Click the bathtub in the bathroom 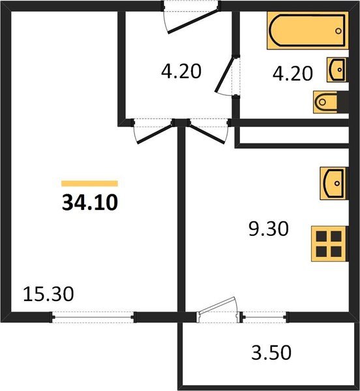[308, 31]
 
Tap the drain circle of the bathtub [338, 31]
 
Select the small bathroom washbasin [337, 70]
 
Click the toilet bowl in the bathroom [325, 102]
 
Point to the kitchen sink [333, 183]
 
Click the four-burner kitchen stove [329, 244]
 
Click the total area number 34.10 [90, 203]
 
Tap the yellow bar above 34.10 [89, 184]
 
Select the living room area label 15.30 [48, 294]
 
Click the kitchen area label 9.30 [269, 229]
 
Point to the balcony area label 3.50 [271, 353]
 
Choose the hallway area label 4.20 [181, 71]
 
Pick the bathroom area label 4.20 [293, 73]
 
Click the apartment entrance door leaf [193, 22]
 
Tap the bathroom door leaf [225, 75]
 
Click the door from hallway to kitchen [208, 134]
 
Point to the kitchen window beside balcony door [265, 317]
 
